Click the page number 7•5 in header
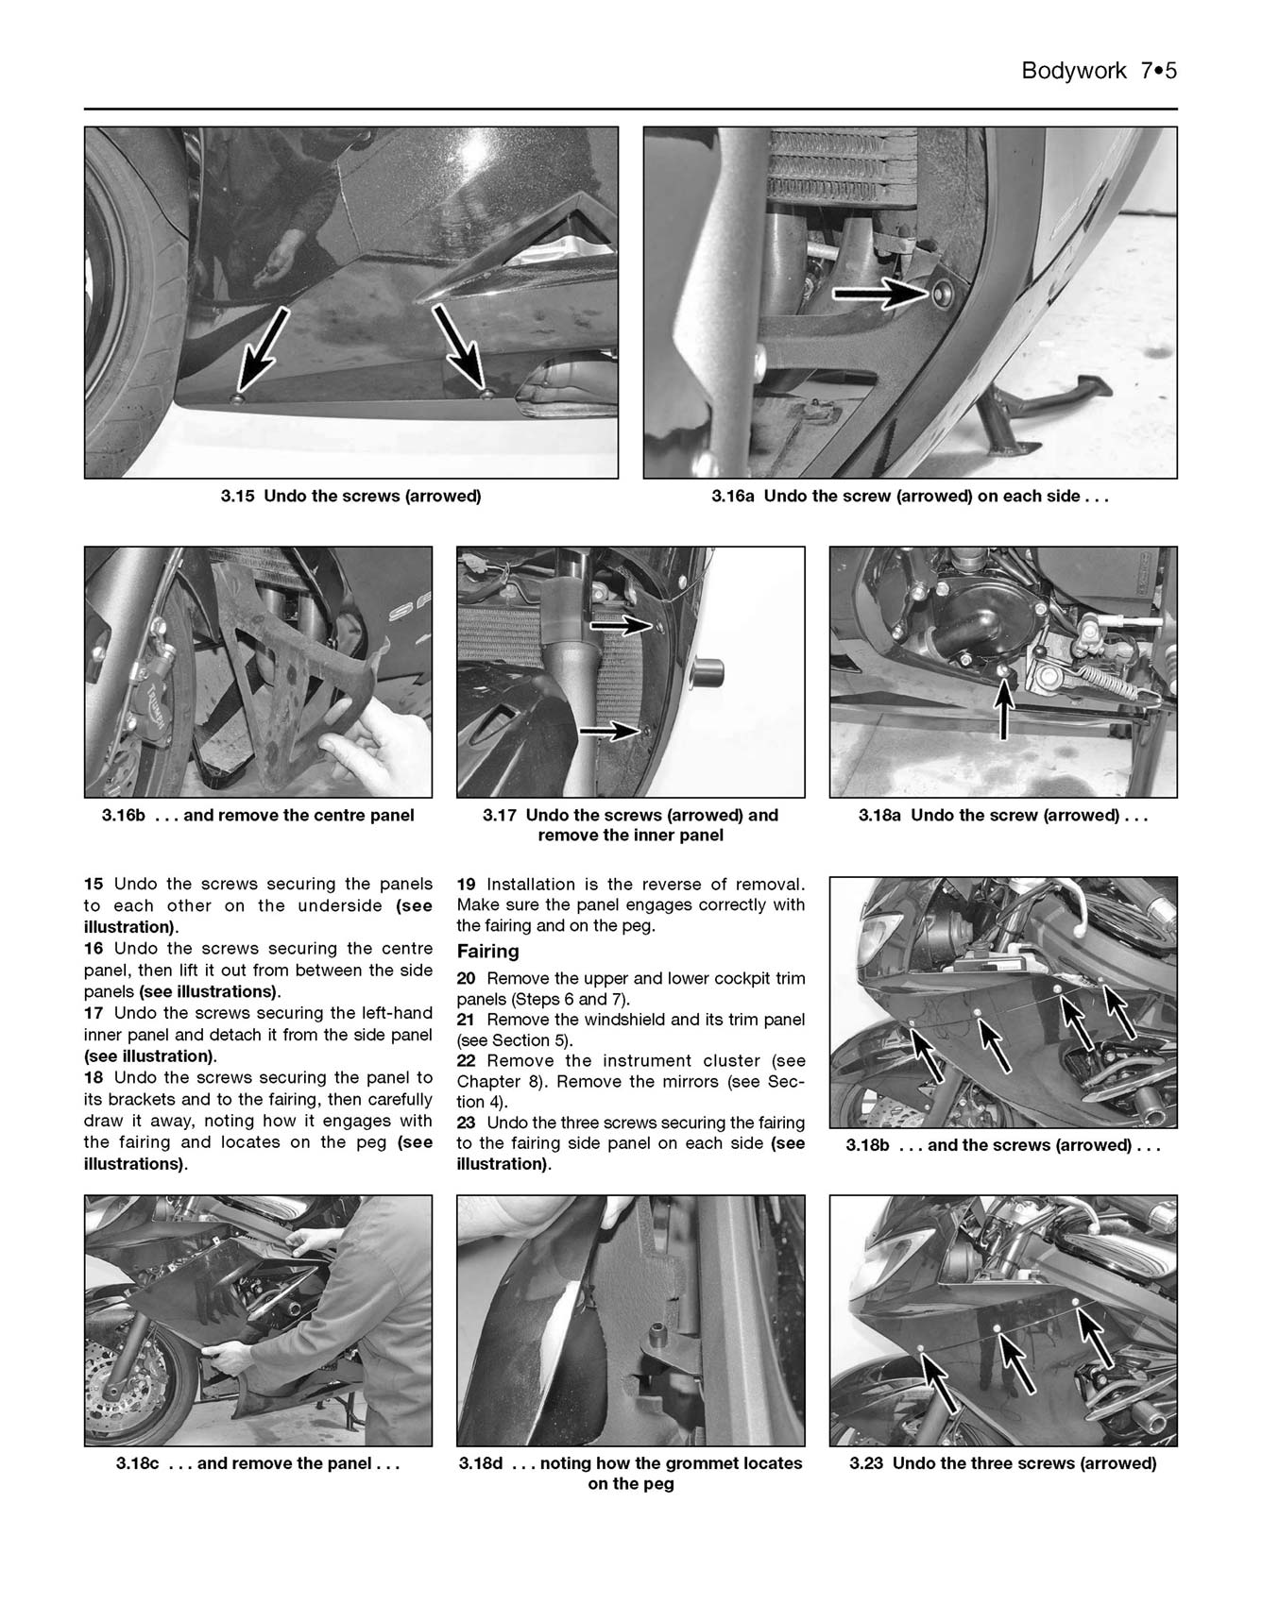tap(1158, 71)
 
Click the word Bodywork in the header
tap(1073, 71)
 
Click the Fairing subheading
tap(487, 952)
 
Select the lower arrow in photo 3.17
tap(610, 730)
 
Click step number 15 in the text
tap(94, 885)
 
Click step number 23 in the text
tap(466, 1123)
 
